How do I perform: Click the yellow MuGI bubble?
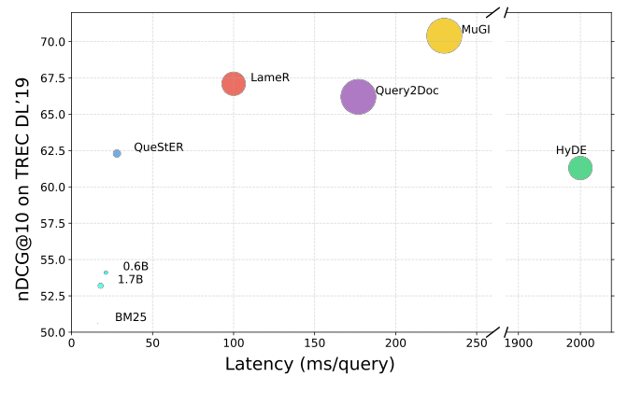[444, 36]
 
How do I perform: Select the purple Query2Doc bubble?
[358, 96]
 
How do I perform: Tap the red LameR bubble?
[234, 84]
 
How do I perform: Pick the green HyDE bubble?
[580, 168]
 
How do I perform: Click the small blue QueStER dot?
[117, 153]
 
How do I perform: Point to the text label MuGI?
[476, 30]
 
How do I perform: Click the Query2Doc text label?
[407, 91]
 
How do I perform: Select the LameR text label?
[270, 77]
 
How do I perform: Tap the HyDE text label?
[572, 150]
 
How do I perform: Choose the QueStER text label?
[159, 147]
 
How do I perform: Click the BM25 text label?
[131, 317]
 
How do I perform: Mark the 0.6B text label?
[136, 267]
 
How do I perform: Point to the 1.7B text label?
[130, 280]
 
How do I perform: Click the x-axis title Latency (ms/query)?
[309, 365]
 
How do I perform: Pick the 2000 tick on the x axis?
[580, 342]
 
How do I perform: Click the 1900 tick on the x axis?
[519, 342]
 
